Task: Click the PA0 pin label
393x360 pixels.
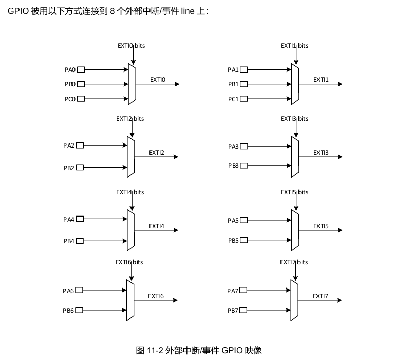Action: (70, 69)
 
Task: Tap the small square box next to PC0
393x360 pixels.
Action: (81, 99)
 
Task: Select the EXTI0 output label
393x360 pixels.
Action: (158, 80)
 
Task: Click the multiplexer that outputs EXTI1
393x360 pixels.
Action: (295, 84)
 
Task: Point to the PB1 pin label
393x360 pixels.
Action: (233, 84)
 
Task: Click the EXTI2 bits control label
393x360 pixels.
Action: (130, 119)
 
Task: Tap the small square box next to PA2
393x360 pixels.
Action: (80, 146)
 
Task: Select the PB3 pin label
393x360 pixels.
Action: (233, 166)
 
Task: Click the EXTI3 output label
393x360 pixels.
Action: (321, 153)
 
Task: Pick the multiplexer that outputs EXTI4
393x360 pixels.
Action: (131, 230)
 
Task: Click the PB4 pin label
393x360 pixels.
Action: (69, 241)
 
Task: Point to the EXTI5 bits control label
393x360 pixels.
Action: (294, 192)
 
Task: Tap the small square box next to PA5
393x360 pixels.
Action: (244, 220)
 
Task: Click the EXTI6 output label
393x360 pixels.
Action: (156, 296)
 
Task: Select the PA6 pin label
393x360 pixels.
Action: (68, 291)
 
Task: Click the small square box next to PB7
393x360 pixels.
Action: (243, 310)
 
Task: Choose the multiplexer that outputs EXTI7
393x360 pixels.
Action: (294, 300)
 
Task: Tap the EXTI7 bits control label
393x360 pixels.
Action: (294, 262)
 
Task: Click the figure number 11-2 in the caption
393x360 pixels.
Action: (156, 351)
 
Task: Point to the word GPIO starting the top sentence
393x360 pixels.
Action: (18, 11)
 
